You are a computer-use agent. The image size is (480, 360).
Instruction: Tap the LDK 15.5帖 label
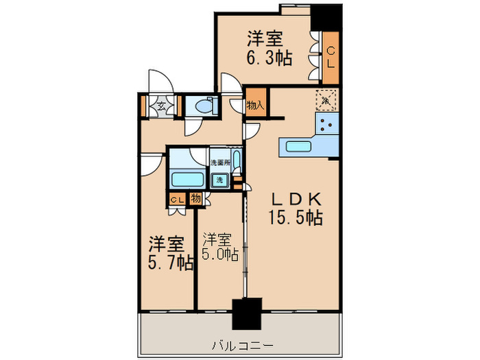click(295, 209)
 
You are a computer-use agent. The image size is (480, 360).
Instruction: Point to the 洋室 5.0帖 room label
click(220, 248)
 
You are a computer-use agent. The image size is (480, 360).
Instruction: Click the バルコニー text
click(241, 344)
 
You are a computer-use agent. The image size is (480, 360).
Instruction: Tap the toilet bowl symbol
click(204, 106)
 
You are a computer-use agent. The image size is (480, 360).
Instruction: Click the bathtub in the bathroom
click(187, 180)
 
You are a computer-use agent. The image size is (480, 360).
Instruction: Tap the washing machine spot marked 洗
click(219, 180)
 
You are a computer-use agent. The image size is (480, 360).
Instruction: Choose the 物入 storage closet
click(255, 105)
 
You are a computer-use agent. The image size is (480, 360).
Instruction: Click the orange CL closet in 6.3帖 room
click(331, 58)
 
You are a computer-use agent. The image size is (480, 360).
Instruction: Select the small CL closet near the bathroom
click(176, 200)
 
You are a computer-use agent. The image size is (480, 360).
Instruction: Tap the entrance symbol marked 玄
click(160, 106)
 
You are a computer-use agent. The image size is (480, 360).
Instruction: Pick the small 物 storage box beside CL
click(196, 199)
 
